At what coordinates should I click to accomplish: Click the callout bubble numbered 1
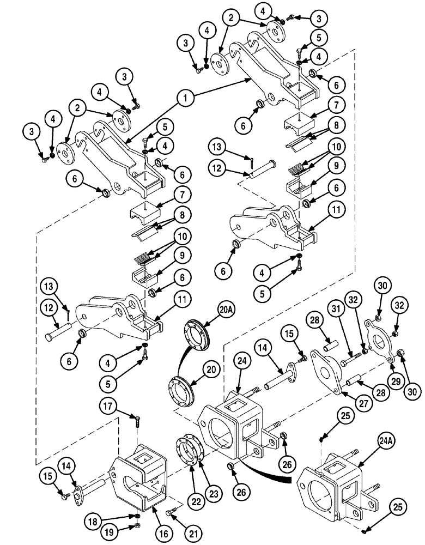(x=186, y=98)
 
